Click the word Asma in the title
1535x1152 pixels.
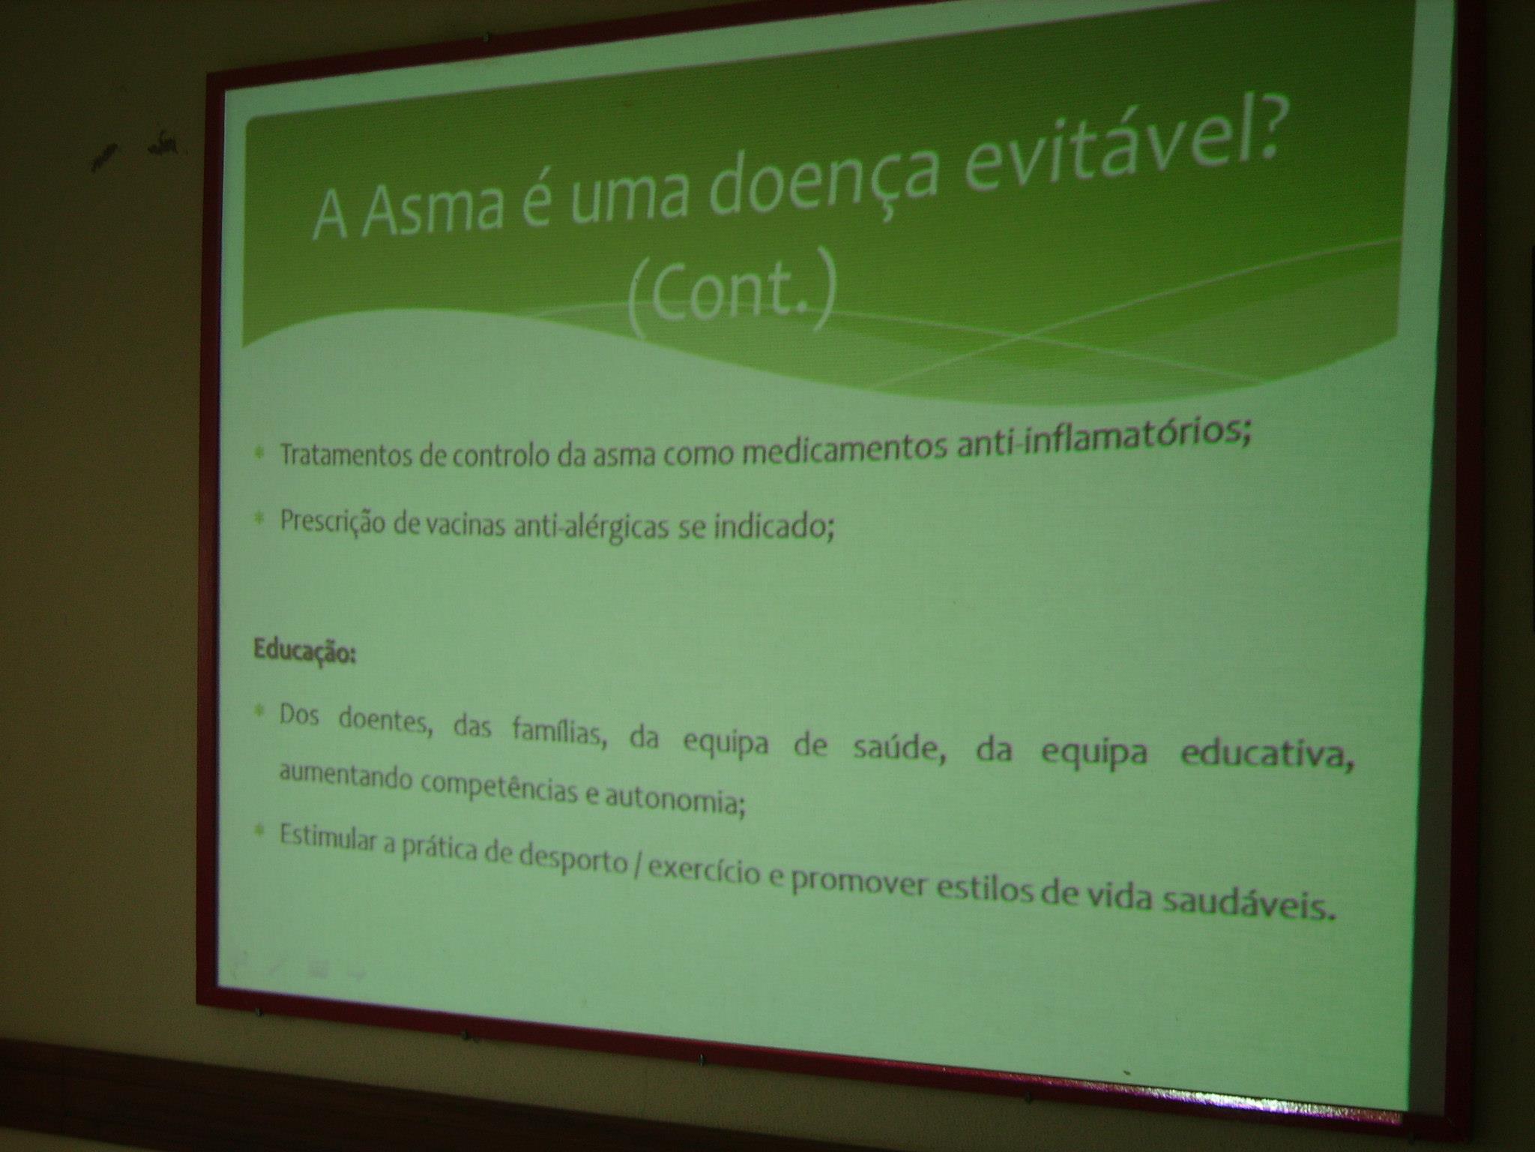435,200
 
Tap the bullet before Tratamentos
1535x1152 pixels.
259,452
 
